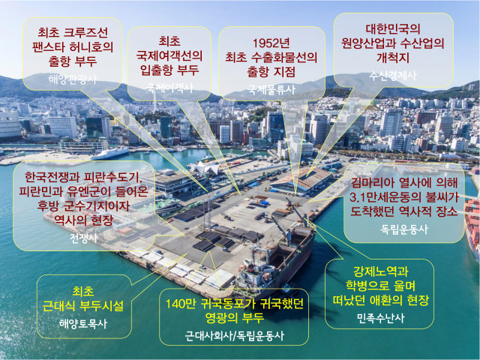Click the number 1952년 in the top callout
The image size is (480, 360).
(271, 40)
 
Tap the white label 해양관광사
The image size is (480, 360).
(72, 78)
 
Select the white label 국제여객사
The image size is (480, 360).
(169, 88)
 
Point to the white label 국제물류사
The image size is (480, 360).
(271, 89)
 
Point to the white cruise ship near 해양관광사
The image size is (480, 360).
(110, 152)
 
